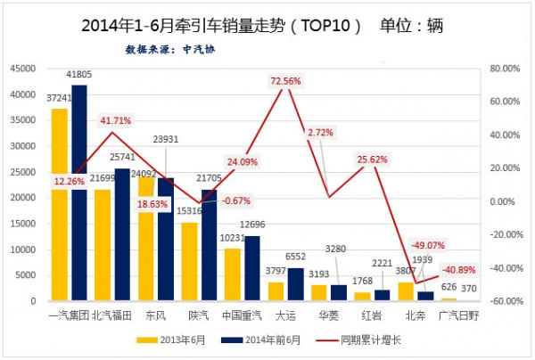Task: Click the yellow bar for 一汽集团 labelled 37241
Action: [60, 205]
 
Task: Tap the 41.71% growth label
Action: [118, 120]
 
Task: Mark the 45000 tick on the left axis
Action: [21, 68]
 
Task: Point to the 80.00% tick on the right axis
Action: [503, 68]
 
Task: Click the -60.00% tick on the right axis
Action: [502, 301]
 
